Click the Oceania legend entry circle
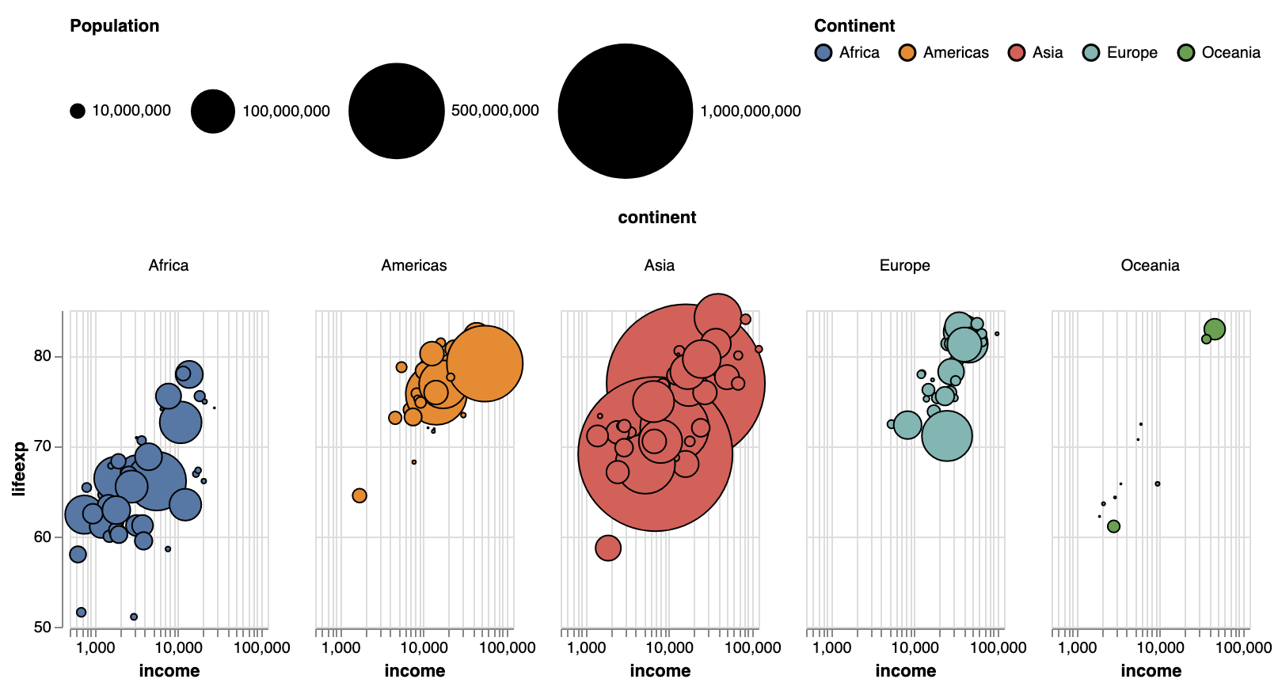click(x=1185, y=53)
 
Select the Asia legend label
click(x=1047, y=53)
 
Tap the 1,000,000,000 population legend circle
click(x=626, y=111)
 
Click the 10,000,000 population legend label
click(x=131, y=111)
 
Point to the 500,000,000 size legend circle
click(x=397, y=111)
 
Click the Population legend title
click(x=114, y=26)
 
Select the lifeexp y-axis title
click(x=19, y=468)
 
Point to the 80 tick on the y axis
click(x=43, y=356)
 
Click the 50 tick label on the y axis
click(x=43, y=628)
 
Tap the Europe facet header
click(x=904, y=265)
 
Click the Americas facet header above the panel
click(x=413, y=265)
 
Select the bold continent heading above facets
click(x=656, y=218)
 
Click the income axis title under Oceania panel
click(x=1151, y=671)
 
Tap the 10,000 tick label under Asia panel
click(x=669, y=648)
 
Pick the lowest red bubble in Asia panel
click(x=607, y=548)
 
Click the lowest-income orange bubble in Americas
click(x=359, y=495)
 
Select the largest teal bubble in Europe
click(x=946, y=436)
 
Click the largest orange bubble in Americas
click(x=485, y=363)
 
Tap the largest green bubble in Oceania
click(x=1215, y=329)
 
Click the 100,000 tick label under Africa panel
click(x=262, y=648)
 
